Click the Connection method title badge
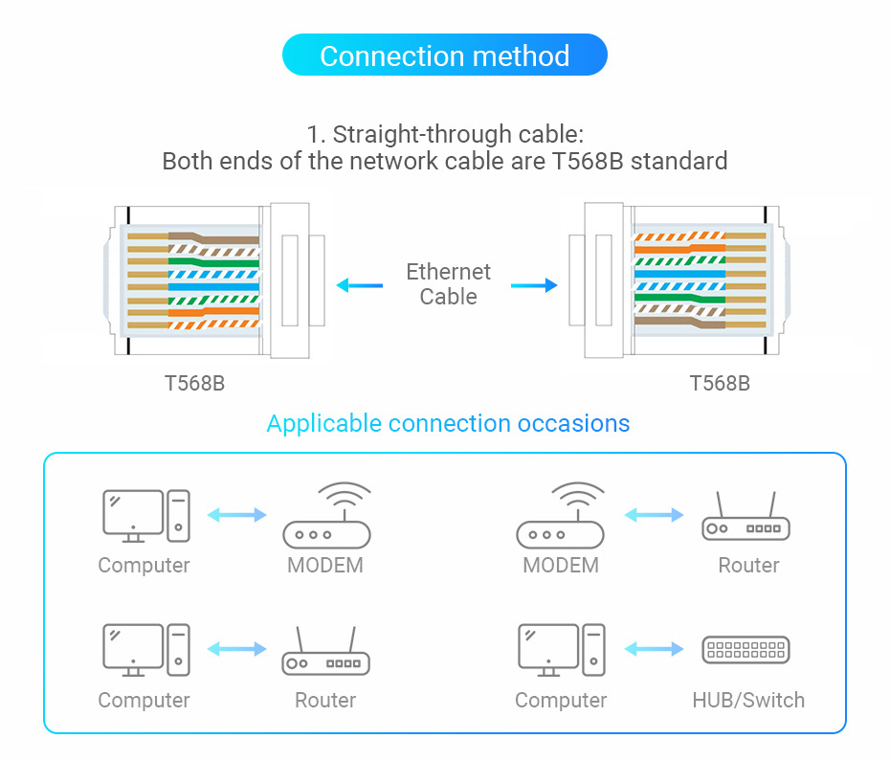pyautogui.click(x=444, y=56)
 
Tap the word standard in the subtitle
pyautogui.click(x=679, y=161)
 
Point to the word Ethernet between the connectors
pyautogui.click(x=448, y=272)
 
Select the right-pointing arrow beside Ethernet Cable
pyautogui.click(x=534, y=284)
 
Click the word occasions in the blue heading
pyautogui.click(x=573, y=423)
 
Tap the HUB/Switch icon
pyautogui.click(x=746, y=650)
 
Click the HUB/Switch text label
pyautogui.click(x=748, y=700)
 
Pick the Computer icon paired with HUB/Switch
pyautogui.click(x=562, y=650)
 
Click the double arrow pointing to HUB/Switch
pyautogui.click(x=655, y=649)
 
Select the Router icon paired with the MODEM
pyautogui.click(x=746, y=517)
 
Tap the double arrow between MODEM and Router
pyautogui.click(x=655, y=515)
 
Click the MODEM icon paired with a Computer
pyautogui.click(x=326, y=515)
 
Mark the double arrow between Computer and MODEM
pyautogui.click(x=237, y=515)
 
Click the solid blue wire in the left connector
pyautogui.click(x=215, y=286)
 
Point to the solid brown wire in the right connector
pyautogui.click(x=679, y=324)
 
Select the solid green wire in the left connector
pyautogui.click(x=215, y=261)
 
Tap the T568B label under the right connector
pyautogui.click(x=720, y=384)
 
